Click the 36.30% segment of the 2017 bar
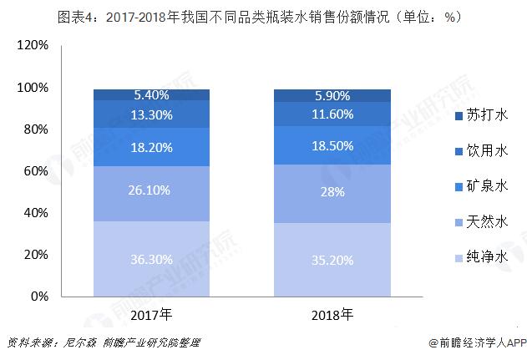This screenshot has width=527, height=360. point(151,259)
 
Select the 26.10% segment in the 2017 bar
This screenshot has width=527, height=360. point(151,194)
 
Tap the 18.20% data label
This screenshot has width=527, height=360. point(151,148)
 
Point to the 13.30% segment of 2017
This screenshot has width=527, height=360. point(151,114)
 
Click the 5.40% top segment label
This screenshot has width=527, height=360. point(151,95)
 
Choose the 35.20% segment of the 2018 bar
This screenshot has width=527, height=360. point(332,260)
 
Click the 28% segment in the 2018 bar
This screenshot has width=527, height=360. point(332,194)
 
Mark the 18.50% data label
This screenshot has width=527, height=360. point(332,146)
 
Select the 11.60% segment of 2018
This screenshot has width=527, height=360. point(332,114)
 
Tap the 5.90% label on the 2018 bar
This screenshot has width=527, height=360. point(332,96)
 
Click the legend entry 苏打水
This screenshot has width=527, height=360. point(481,115)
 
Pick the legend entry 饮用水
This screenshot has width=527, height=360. point(481,150)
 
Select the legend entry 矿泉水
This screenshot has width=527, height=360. point(481,186)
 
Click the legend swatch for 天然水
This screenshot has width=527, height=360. point(459,222)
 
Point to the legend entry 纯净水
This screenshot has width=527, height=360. point(481,257)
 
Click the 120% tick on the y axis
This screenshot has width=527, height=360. point(33,45)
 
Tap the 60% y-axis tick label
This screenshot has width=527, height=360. point(36,171)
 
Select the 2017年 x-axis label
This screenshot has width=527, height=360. point(151,315)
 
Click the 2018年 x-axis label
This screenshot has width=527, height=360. point(332,315)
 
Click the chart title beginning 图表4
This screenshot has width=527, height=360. point(260,17)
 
